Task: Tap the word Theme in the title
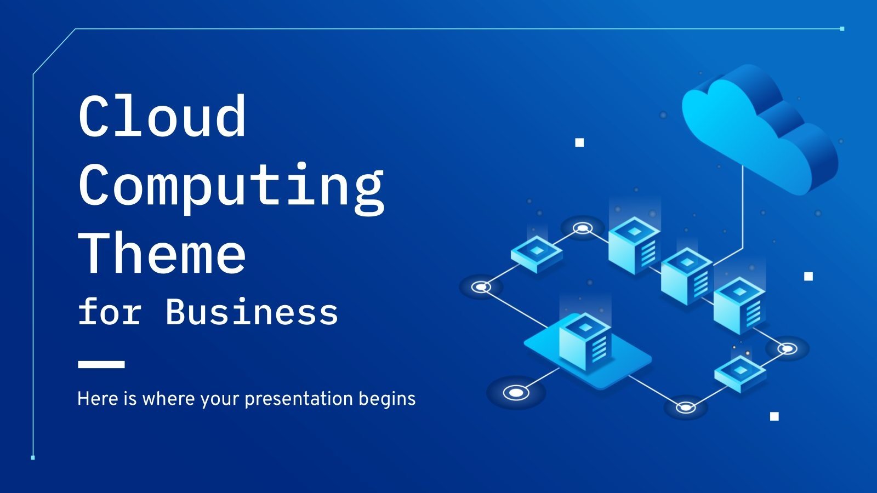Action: tap(162, 253)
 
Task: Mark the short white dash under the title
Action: tap(101, 364)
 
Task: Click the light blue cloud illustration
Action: tap(759, 129)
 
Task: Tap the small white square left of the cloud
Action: tap(579, 142)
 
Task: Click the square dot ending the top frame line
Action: tap(842, 28)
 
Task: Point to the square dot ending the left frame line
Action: tap(33, 457)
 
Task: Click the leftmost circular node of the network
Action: tap(481, 286)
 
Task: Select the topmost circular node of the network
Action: tap(582, 228)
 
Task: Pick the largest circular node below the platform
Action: tap(515, 392)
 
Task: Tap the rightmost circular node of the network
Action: tap(787, 348)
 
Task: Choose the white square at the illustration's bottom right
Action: tap(775, 416)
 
